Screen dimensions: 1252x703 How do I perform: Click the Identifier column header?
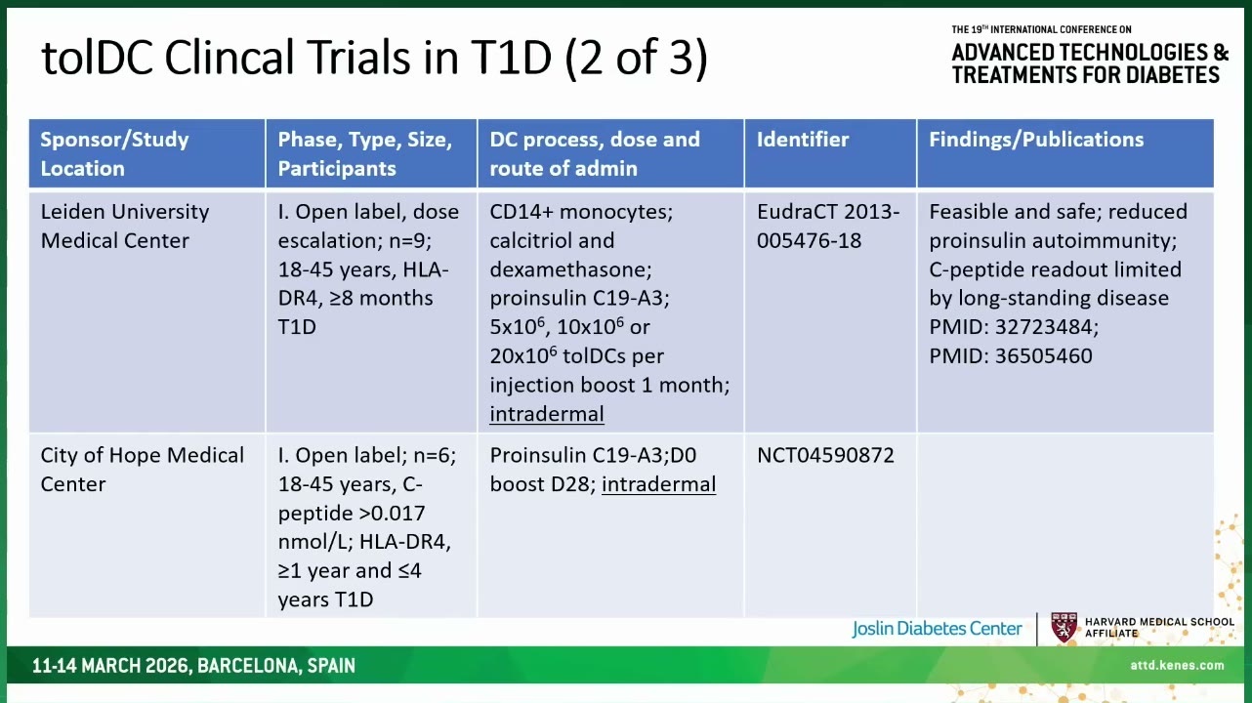(x=802, y=140)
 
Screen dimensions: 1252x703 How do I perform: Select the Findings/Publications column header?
(x=1036, y=140)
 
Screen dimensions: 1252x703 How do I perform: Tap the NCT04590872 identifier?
(x=825, y=455)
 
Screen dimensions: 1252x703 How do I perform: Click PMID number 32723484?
(x=1046, y=327)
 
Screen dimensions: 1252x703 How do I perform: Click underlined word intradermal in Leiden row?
(x=547, y=414)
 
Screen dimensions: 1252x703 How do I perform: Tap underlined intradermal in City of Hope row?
(x=658, y=484)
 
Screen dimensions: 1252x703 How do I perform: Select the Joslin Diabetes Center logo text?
(x=937, y=629)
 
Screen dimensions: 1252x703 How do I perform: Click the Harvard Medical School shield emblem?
(x=1064, y=628)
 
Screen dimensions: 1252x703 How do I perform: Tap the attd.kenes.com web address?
(x=1177, y=665)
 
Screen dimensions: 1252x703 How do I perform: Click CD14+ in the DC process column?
(x=522, y=211)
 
